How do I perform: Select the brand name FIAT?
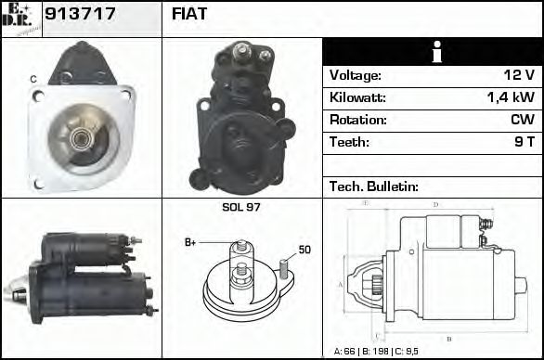[189, 14]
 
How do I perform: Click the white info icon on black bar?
[432, 52]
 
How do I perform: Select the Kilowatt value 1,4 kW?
[510, 97]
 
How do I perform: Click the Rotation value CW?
[522, 120]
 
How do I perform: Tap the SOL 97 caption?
[241, 207]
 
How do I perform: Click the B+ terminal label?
[190, 242]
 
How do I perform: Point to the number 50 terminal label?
[304, 249]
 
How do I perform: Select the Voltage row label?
[356, 75]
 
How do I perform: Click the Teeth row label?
[349, 142]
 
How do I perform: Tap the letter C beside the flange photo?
[33, 80]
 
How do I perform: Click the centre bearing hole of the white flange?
[81, 139]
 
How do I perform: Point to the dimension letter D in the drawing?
[435, 204]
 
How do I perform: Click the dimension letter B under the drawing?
[448, 339]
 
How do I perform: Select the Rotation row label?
[356, 120]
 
